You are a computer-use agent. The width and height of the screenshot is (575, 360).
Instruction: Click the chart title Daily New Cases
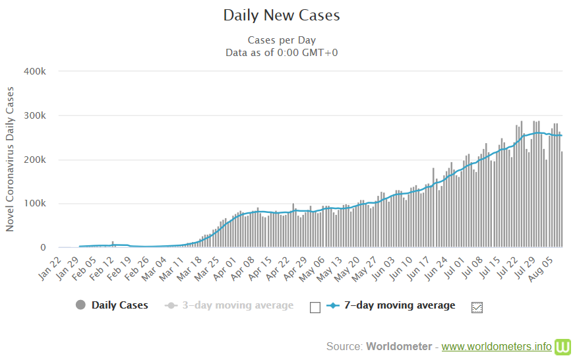click(x=282, y=15)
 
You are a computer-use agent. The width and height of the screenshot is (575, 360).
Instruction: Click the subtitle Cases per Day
click(x=282, y=40)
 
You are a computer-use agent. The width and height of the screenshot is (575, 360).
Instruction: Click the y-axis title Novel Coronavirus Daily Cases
click(x=10, y=158)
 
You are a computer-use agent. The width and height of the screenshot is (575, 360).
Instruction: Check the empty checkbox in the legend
click(x=315, y=307)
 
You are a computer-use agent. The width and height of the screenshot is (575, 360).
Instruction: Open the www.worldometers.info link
click(x=496, y=346)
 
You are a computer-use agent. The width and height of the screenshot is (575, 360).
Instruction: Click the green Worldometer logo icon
click(x=562, y=346)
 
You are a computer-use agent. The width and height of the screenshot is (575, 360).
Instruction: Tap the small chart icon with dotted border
click(x=477, y=307)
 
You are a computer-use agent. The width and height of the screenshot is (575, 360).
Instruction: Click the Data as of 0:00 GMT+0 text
click(x=282, y=53)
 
